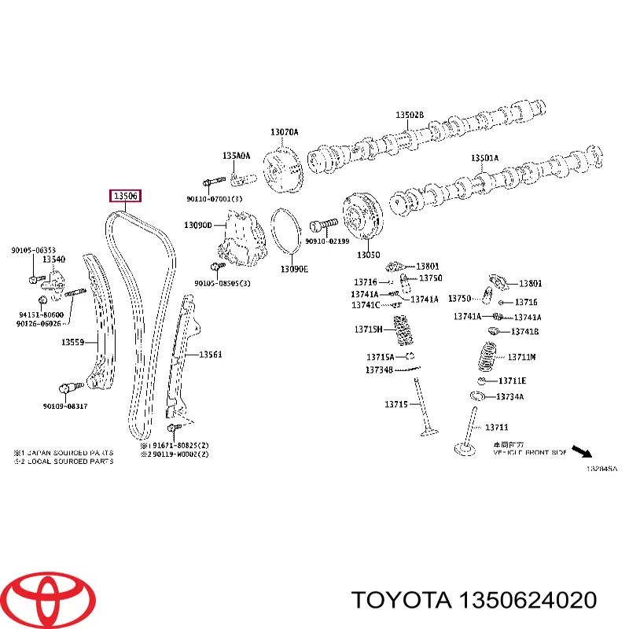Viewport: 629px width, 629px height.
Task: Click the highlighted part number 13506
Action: point(126,196)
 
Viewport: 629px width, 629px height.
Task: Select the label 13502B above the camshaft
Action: point(409,116)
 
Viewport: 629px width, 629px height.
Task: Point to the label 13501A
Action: point(484,158)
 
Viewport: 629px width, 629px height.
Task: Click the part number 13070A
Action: point(284,132)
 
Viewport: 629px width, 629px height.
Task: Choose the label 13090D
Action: point(198,225)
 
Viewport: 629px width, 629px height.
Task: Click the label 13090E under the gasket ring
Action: point(295,269)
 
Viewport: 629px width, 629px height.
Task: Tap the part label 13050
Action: point(368,256)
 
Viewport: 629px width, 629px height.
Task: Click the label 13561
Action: point(210,355)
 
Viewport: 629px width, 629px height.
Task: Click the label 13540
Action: point(53,259)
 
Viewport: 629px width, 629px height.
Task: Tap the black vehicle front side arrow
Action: point(582,451)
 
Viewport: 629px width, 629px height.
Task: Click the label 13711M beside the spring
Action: point(520,357)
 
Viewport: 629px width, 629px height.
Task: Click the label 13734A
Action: point(509,397)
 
